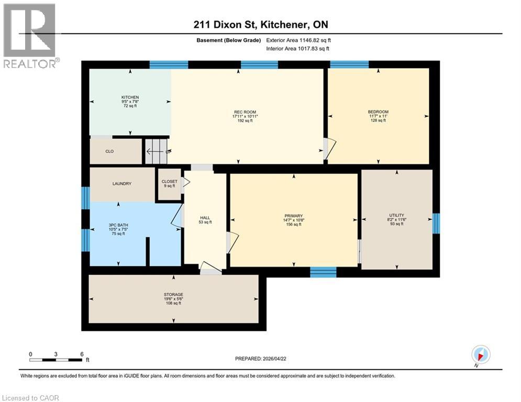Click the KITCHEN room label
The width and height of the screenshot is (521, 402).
click(x=130, y=97)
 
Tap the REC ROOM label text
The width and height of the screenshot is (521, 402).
click(x=242, y=111)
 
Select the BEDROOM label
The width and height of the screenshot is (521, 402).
click(x=378, y=111)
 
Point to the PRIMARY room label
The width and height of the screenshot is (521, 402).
click(x=293, y=216)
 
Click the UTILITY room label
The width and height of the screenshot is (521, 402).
click(x=396, y=215)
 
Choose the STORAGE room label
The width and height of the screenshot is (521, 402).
click(x=173, y=295)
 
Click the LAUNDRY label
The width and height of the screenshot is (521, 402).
click(x=121, y=184)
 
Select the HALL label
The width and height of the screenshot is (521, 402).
click(x=205, y=218)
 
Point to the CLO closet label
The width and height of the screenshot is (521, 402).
click(x=109, y=151)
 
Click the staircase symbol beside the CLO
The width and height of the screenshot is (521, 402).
click(x=157, y=151)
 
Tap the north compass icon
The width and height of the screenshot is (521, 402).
click(x=480, y=355)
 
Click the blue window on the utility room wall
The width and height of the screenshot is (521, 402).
click(x=436, y=223)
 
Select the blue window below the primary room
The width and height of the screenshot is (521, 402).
click(x=323, y=271)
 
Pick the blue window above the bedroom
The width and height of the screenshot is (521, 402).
click(x=349, y=64)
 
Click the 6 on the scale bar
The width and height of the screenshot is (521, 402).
click(x=81, y=354)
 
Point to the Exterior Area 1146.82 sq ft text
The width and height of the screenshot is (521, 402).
click(x=298, y=40)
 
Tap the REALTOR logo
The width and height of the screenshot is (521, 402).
click(x=30, y=35)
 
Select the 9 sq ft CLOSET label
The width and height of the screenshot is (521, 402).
click(x=170, y=184)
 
